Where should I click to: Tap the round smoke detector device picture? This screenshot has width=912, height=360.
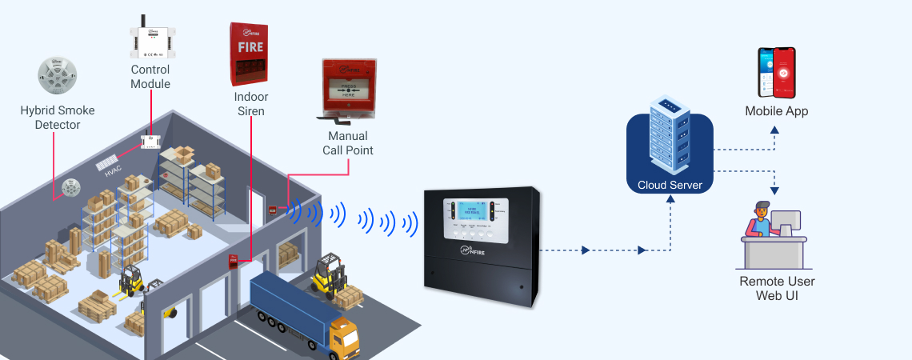[57, 77]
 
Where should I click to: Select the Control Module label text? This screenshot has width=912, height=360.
[150, 77]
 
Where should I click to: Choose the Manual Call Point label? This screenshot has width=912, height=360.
[348, 143]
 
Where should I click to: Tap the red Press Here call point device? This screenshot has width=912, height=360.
[350, 87]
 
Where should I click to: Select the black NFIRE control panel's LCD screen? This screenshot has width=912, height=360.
[477, 212]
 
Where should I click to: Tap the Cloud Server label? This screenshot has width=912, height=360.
[670, 186]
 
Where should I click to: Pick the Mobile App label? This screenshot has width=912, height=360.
[776, 111]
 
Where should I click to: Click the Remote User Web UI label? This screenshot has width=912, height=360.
[777, 289]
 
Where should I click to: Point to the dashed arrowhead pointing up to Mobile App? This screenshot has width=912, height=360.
[775, 129]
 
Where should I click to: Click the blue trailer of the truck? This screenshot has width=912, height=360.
[288, 300]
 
